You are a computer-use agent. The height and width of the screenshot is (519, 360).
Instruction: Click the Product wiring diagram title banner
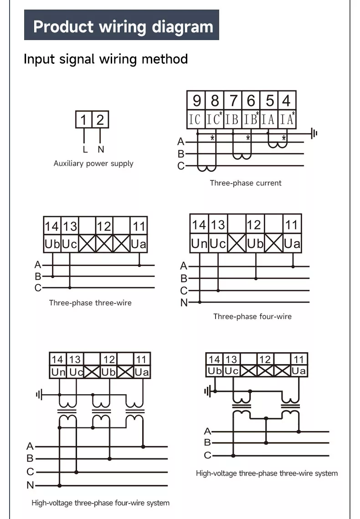click(x=122, y=26)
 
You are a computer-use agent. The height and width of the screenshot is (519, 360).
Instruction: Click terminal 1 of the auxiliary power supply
click(x=83, y=120)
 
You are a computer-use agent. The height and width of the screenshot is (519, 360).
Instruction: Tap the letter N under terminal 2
click(x=101, y=149)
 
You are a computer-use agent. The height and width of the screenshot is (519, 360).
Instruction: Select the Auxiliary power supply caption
click(x=93, y=164)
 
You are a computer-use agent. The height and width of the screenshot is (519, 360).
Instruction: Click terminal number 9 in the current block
click(x=196, y=100)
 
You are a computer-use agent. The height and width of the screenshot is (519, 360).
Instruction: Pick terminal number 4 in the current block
click(x=287, y=100)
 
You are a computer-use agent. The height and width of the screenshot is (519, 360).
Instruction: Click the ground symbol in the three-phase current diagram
click(x=314, y=134)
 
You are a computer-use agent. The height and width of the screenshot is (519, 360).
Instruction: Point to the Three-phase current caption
click(x=246, y=183)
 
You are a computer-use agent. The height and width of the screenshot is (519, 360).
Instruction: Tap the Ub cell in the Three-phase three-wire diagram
click(x=52, y=244)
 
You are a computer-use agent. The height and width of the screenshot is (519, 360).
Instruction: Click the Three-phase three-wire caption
click(x=90, y=303)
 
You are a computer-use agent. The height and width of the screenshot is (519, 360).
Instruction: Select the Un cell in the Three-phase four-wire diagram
click(x=199, y=244)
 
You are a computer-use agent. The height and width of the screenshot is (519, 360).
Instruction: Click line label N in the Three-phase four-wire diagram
click(x=184, y=303)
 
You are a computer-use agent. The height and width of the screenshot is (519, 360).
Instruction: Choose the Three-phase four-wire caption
click(x=252, y=317)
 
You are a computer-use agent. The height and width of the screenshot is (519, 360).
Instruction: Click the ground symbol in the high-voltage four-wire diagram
click(x=39, y=395)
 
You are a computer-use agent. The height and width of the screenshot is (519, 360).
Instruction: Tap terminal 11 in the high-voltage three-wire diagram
click(x=299, y=360)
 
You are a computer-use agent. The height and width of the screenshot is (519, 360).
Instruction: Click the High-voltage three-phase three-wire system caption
click(x=267, y=473)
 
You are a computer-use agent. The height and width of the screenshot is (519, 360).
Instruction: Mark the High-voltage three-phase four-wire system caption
click(x=100, y=503)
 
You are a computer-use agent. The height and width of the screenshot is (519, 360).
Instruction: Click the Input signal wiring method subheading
click(x=106, y=59)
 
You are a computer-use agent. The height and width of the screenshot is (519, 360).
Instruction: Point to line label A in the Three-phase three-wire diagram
click(x=38, y=265)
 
